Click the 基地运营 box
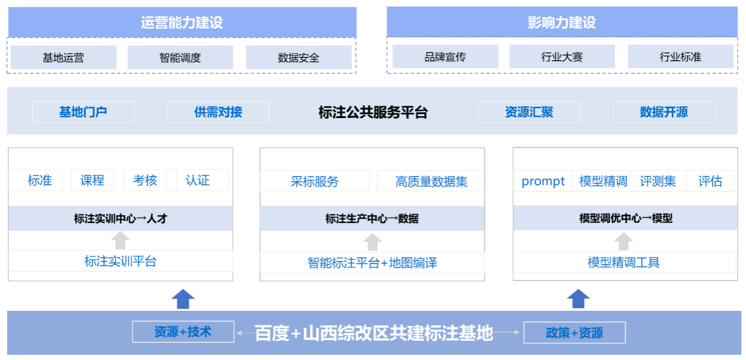[63, 58]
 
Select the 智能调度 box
[180, 58]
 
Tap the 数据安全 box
[298, 58]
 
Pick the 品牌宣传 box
[445, 57]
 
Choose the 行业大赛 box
[562, 57]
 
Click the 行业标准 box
[680, 57]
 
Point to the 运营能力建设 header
[182, 23]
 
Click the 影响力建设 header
[562, 23]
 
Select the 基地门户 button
[83, 112]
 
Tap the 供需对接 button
[218, 112]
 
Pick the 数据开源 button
[663, 112]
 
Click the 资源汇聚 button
[529, 112]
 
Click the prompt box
[543, 181]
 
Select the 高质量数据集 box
[431, 182]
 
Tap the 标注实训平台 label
[120, 261]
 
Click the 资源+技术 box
[183, 332]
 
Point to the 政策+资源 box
[574, 332]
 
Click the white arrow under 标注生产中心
[372, 241]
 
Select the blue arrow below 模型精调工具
[578, 298]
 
